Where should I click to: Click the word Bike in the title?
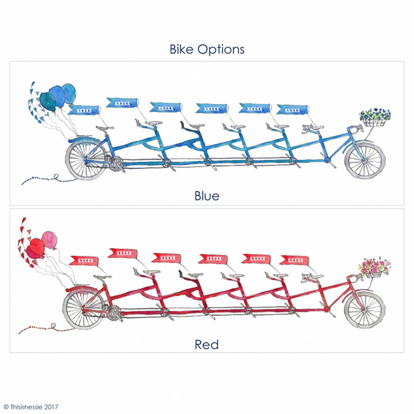pos(182,49)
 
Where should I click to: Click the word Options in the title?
pos(221,49)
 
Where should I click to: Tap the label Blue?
pos(207,196)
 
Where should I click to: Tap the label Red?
pos(207,344)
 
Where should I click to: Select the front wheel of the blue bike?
pos(365,160)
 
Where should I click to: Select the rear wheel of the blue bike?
pos(87,159)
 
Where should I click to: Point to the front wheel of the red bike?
pos(365,309)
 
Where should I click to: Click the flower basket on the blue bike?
pos(375,118)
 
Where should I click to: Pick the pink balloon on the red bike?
pos(49,240)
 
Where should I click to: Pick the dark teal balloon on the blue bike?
pos(48,101)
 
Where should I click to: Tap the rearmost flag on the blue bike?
pos(84,110)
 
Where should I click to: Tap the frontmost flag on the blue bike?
pos(293,110)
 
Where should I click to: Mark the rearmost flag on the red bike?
pos(84,261)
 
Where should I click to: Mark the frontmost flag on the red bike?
pos(294,260)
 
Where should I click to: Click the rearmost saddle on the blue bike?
pos(105,128)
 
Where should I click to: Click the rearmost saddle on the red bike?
pos(102,277)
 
